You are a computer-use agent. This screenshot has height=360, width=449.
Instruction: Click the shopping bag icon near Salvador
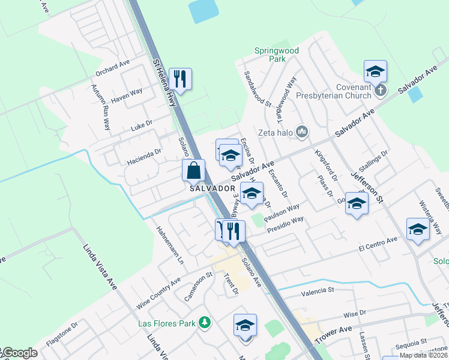pyautogui.click(x=194, y=170)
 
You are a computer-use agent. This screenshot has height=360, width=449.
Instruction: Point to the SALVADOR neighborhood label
pyautogui.click(x=211, y=188)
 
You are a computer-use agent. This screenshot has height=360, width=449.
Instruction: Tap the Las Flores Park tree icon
pyautogui.click(x=205, y=323)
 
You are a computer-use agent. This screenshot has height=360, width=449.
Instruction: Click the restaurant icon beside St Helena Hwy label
pyautogui.click(x=179, y=78)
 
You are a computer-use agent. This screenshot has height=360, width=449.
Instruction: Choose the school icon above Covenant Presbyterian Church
pyautogui.click(x=375, y=71)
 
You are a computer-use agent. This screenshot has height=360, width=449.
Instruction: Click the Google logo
pyautogui.click(x=19, y=353)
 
